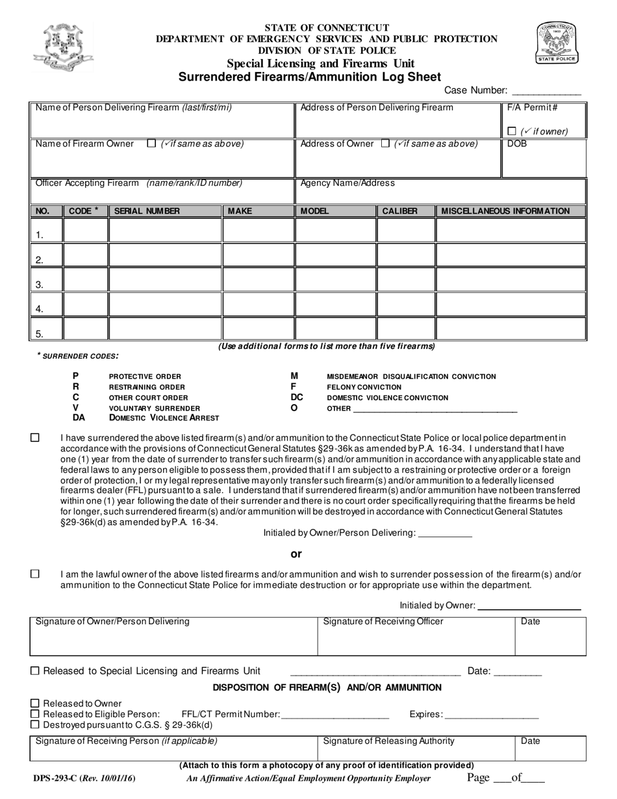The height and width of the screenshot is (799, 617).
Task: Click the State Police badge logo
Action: point(556,42)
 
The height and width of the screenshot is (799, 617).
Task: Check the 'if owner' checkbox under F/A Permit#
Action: point(512,131)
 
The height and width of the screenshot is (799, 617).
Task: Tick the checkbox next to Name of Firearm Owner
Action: point(151,144)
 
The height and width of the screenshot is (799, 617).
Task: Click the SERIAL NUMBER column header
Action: point(147,211)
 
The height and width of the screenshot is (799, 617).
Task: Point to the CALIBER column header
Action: point(399,211)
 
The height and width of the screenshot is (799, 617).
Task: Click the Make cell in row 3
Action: point(258,279)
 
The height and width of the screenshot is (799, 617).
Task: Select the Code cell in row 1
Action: point(86,230)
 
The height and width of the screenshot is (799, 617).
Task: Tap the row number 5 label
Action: point(40,335)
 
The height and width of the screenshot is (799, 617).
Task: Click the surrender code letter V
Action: point(76,407)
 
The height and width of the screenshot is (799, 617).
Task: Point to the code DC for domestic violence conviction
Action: point(297,397)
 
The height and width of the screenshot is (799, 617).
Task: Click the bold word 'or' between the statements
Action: point(296,554)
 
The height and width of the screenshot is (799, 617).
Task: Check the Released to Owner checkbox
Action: point(36,704)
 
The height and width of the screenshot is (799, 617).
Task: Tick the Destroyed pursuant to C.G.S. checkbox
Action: point(36,724)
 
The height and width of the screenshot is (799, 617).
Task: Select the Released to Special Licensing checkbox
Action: point(36,671)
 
